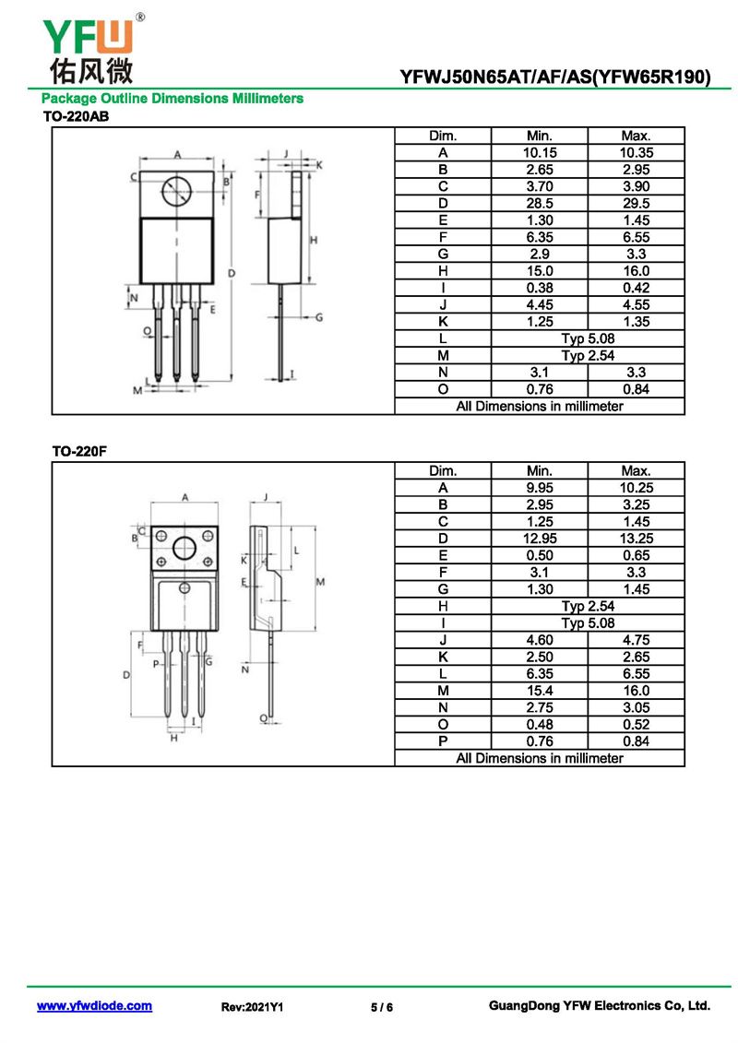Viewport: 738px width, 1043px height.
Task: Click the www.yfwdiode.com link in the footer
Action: (x=94, y=1006)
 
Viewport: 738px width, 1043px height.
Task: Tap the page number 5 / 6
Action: (x=382, y=1007)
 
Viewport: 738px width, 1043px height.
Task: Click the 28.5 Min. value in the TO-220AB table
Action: (x=539, y=203)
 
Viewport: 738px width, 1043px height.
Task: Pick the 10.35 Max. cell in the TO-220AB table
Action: (x=636, y=152)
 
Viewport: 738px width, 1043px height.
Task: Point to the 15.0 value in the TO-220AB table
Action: (x=539, y=271)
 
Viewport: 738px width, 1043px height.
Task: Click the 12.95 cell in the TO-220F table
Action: (x=539, y=539)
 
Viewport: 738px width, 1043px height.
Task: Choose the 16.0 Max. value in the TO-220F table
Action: (x=636, y=691)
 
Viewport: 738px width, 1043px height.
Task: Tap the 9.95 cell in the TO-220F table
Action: (x=539, y=488)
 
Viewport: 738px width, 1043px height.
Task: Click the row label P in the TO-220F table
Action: (x=443, y=741)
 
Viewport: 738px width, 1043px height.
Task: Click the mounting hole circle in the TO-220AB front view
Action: (x=176, y=192)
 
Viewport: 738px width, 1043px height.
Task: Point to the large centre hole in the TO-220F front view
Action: (x=184, y=549)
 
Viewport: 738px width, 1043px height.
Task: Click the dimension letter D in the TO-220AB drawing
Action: (x=232, y=273)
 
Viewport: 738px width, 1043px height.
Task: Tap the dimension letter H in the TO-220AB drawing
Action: (x=314, y=240)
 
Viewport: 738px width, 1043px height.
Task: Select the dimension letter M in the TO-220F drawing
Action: (x=320, y=581)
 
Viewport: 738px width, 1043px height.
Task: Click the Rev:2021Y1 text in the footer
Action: (x=252, y=1007)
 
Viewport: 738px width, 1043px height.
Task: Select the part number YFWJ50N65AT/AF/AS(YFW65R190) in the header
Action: (x=555, y=77)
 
